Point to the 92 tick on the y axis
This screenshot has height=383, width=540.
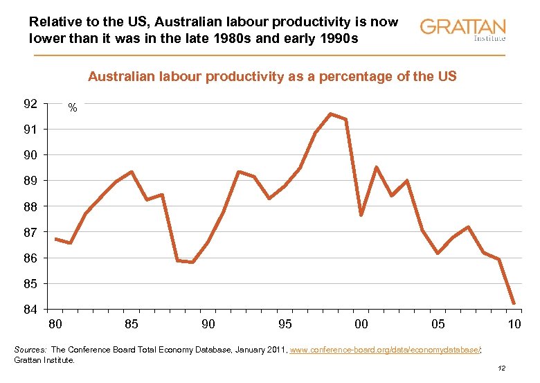[x=30, y=104]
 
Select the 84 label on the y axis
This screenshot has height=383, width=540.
[x=30, y=309]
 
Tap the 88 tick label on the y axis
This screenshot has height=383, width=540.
[x=30, y=206]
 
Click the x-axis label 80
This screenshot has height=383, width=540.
[x=55, y=324]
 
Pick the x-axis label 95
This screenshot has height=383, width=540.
[x=285, y=324]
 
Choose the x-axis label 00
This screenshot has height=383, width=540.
[x=361, y=324]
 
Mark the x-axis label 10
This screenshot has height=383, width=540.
[x=514, y=324]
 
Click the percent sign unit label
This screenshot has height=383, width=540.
[x=72, y=109]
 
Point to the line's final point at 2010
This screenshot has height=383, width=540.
[x=514, y=303]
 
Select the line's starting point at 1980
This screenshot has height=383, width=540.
[x=55, y=239]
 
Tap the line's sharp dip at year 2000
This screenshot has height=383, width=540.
[x=361, y=215]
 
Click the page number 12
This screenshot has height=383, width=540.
[x=503, y=369]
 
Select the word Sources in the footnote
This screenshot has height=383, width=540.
[x=30, y=350]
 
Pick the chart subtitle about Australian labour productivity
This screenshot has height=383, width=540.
[x=271, y=76]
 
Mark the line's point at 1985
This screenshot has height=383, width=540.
[x=132, y=172]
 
